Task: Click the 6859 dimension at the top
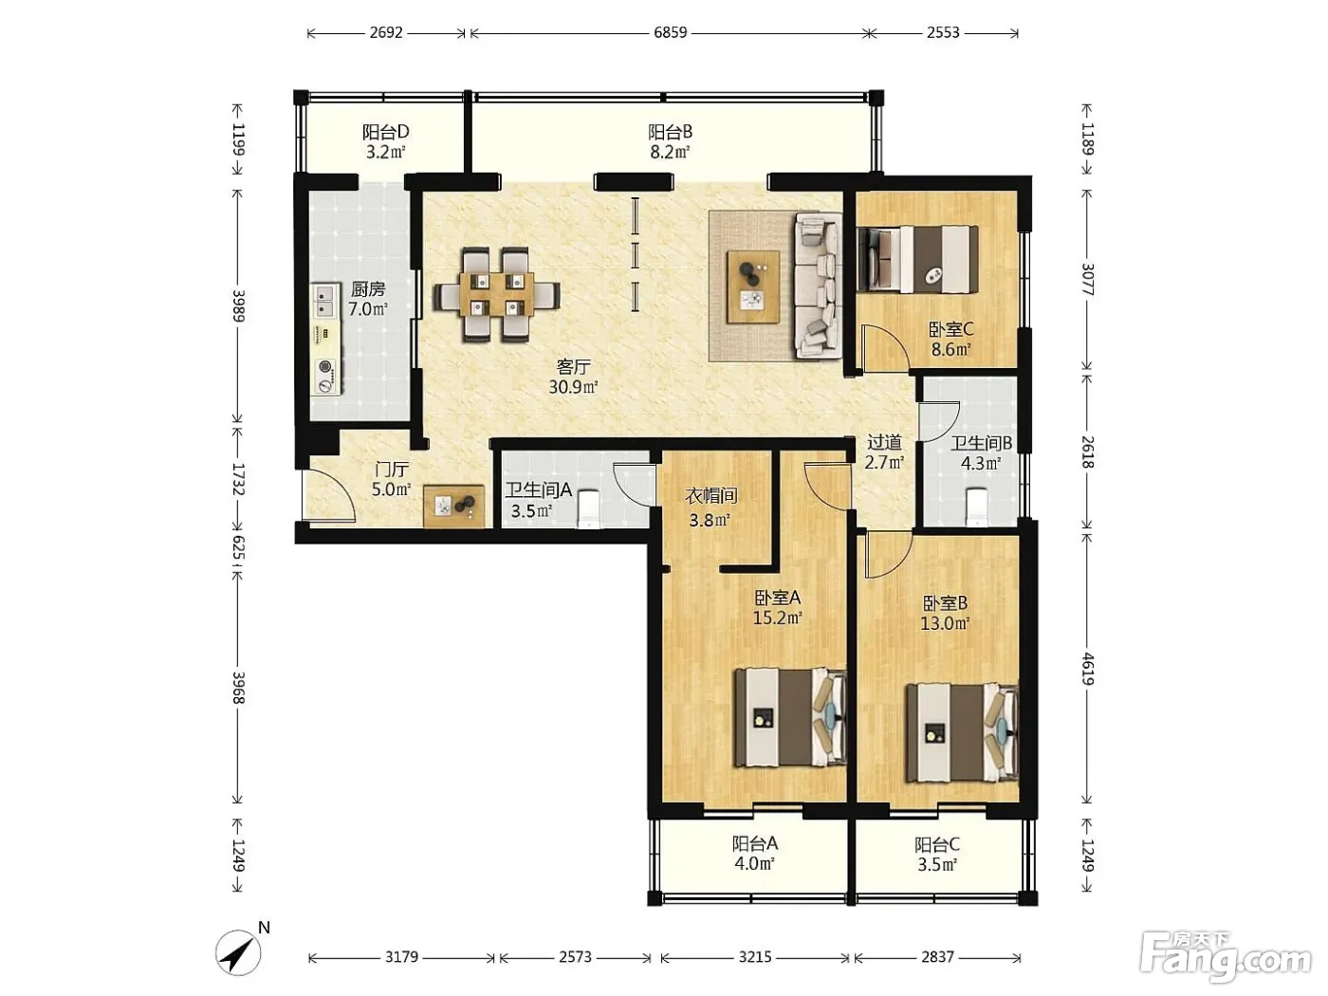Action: tap(670, 32)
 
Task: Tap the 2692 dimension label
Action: tap(386, 32)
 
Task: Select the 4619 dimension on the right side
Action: tap(1087, 668)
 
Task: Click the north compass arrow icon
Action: tap(238, 953)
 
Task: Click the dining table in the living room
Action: tap(496, 294)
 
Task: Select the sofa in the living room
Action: tap(819, 285)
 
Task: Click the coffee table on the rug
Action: tap(752, 287)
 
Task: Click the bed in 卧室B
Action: tap(961, 731)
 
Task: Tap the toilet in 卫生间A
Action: tap(587, 509)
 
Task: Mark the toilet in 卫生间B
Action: tap(976, 507)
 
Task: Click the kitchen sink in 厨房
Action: tap(325, 301)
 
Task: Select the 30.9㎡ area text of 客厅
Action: tap(573, 386)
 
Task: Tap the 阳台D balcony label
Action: tap(385, 131)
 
